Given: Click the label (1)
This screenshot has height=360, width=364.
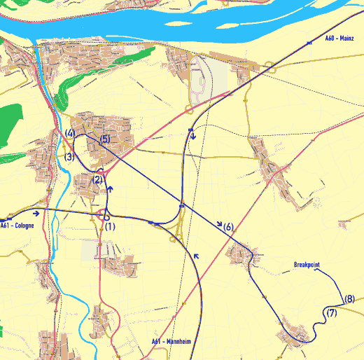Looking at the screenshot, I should (x=110, y=226).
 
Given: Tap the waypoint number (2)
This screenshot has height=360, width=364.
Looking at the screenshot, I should (x=98, y=180).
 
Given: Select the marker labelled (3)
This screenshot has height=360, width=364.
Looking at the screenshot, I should (x=69, y=157).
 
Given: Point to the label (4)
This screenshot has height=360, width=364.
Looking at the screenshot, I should (x=69, y=133).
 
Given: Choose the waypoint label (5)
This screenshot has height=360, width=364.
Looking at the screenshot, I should (x=105, y=139).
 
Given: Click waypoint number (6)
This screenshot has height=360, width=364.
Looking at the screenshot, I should (x=227, y=227).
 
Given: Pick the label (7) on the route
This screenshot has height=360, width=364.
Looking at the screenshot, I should (x=332, y=312).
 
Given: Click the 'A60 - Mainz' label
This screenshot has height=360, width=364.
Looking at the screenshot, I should (x=339, y=39).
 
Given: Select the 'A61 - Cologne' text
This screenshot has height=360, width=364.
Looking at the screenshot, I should (x=17, y=226).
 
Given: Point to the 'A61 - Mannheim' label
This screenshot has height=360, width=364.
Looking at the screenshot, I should (x=171, y=342).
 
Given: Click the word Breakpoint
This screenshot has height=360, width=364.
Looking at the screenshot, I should (x=307, y=265).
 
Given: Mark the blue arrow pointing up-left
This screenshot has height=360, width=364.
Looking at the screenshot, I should (x=197, y=256).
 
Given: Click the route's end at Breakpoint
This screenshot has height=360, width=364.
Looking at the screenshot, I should (x=314, y=270).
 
